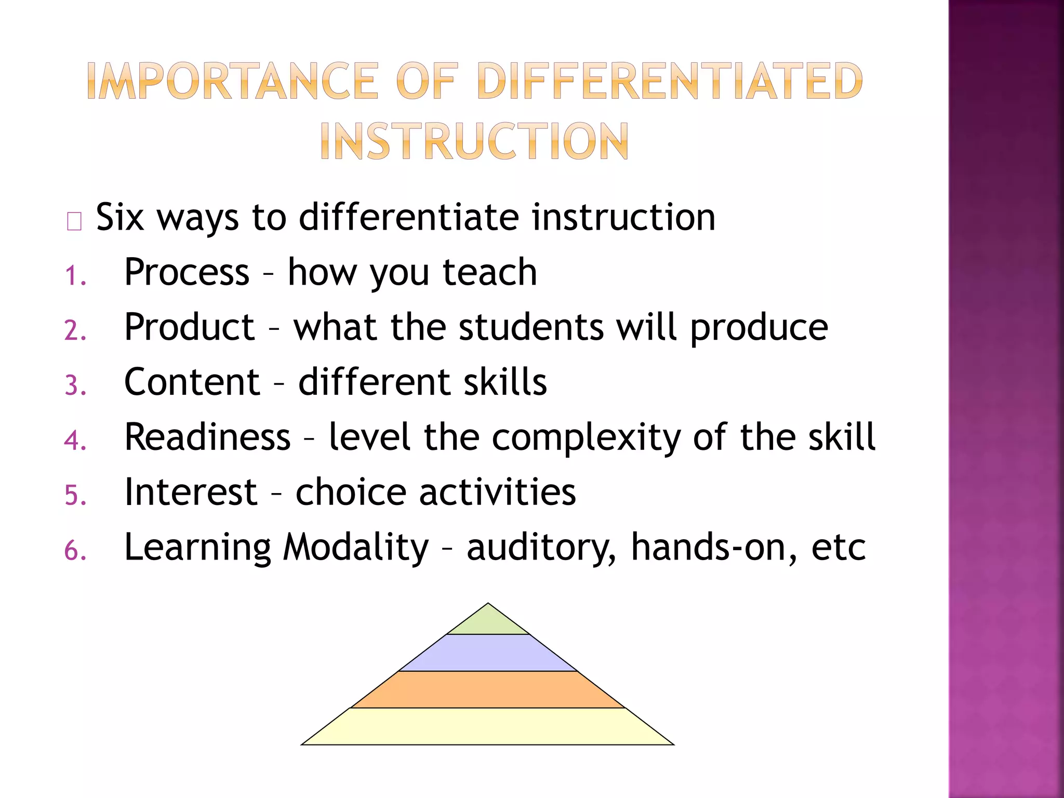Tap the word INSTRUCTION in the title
(474, 141)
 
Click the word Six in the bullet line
(119, 217)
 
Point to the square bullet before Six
(74, 221)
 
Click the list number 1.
(75, 275)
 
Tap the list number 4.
(75, 441)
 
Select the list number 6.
(75, 551)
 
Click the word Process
(187, 272)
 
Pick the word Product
(190, 327)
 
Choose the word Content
(192, 382)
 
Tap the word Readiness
(207, 437)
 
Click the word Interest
(191, 492)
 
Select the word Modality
(356, 548)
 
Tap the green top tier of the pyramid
(488, 622)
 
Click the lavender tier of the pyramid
(488, 653)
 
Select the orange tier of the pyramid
(488, 689)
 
